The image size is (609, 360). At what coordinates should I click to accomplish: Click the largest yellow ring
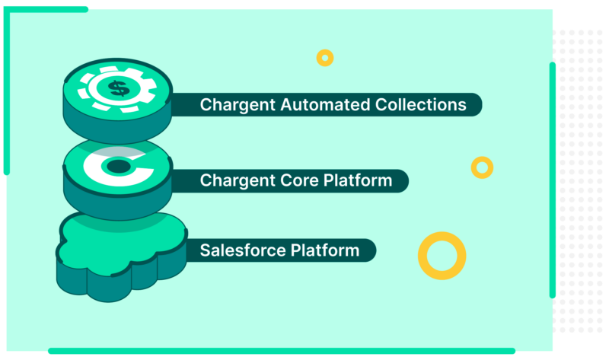[x=442, y=255]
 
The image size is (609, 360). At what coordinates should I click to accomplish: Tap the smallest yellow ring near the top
[x=325, y=58]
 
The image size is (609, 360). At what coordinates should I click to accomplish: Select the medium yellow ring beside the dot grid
[x=482, y=167]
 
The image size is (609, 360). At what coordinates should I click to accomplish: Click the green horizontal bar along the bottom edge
[x=282, y=351]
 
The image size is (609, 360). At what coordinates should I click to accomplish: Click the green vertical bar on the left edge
[x=6, y=91]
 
